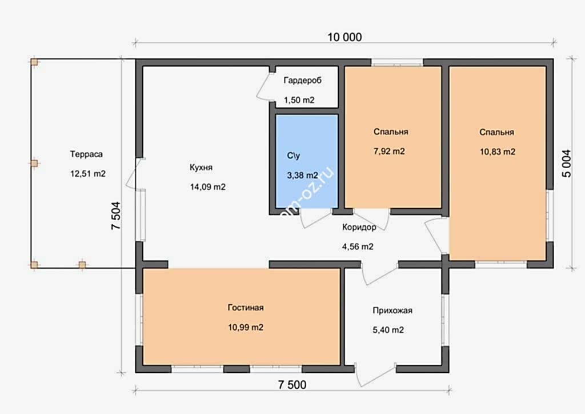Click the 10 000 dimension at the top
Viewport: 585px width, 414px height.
pyautogui.click(x=344, y=37)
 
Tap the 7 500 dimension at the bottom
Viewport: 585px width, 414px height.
pyautogui.click(x=292, y=384)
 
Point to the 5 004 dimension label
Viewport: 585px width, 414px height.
pyautogui.click(x=566, y=163)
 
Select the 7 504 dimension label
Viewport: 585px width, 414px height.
pyautogui.click(x=116, y=216)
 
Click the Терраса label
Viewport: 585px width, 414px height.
pyautogui.click(x=86, y=154)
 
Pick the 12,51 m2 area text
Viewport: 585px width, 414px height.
pyautogui.click(x=88, y=174)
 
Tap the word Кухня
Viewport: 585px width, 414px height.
pyautogui.click(x=201, y=167)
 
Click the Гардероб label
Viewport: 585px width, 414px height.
pyautogui.click(x=303, y=80)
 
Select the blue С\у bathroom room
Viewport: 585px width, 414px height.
pyautogui.click(x=307, y=161)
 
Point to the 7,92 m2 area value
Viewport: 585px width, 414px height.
pyautogui.click(x=389, y=151)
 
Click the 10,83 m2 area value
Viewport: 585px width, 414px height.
pyautogui.click(x=498, y=152)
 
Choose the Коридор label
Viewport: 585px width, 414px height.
pyautogui.click(x=359, y=227)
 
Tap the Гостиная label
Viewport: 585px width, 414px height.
pyautogui.click(x=246, y=308)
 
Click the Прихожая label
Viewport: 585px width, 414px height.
pyautogui.click(x=392, y=310)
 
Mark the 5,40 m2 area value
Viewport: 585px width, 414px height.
pyautogui.click(x=388, y=330)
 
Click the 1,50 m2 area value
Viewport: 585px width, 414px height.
pyautogui.click(x=299, y=100)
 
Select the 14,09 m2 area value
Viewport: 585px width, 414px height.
pyautogui.click(x=208, y=186)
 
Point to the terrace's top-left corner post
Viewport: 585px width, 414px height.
pyautogui.click(x=34, y=62)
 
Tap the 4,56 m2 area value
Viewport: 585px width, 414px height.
pyautogui.click(x=358, y=247)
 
